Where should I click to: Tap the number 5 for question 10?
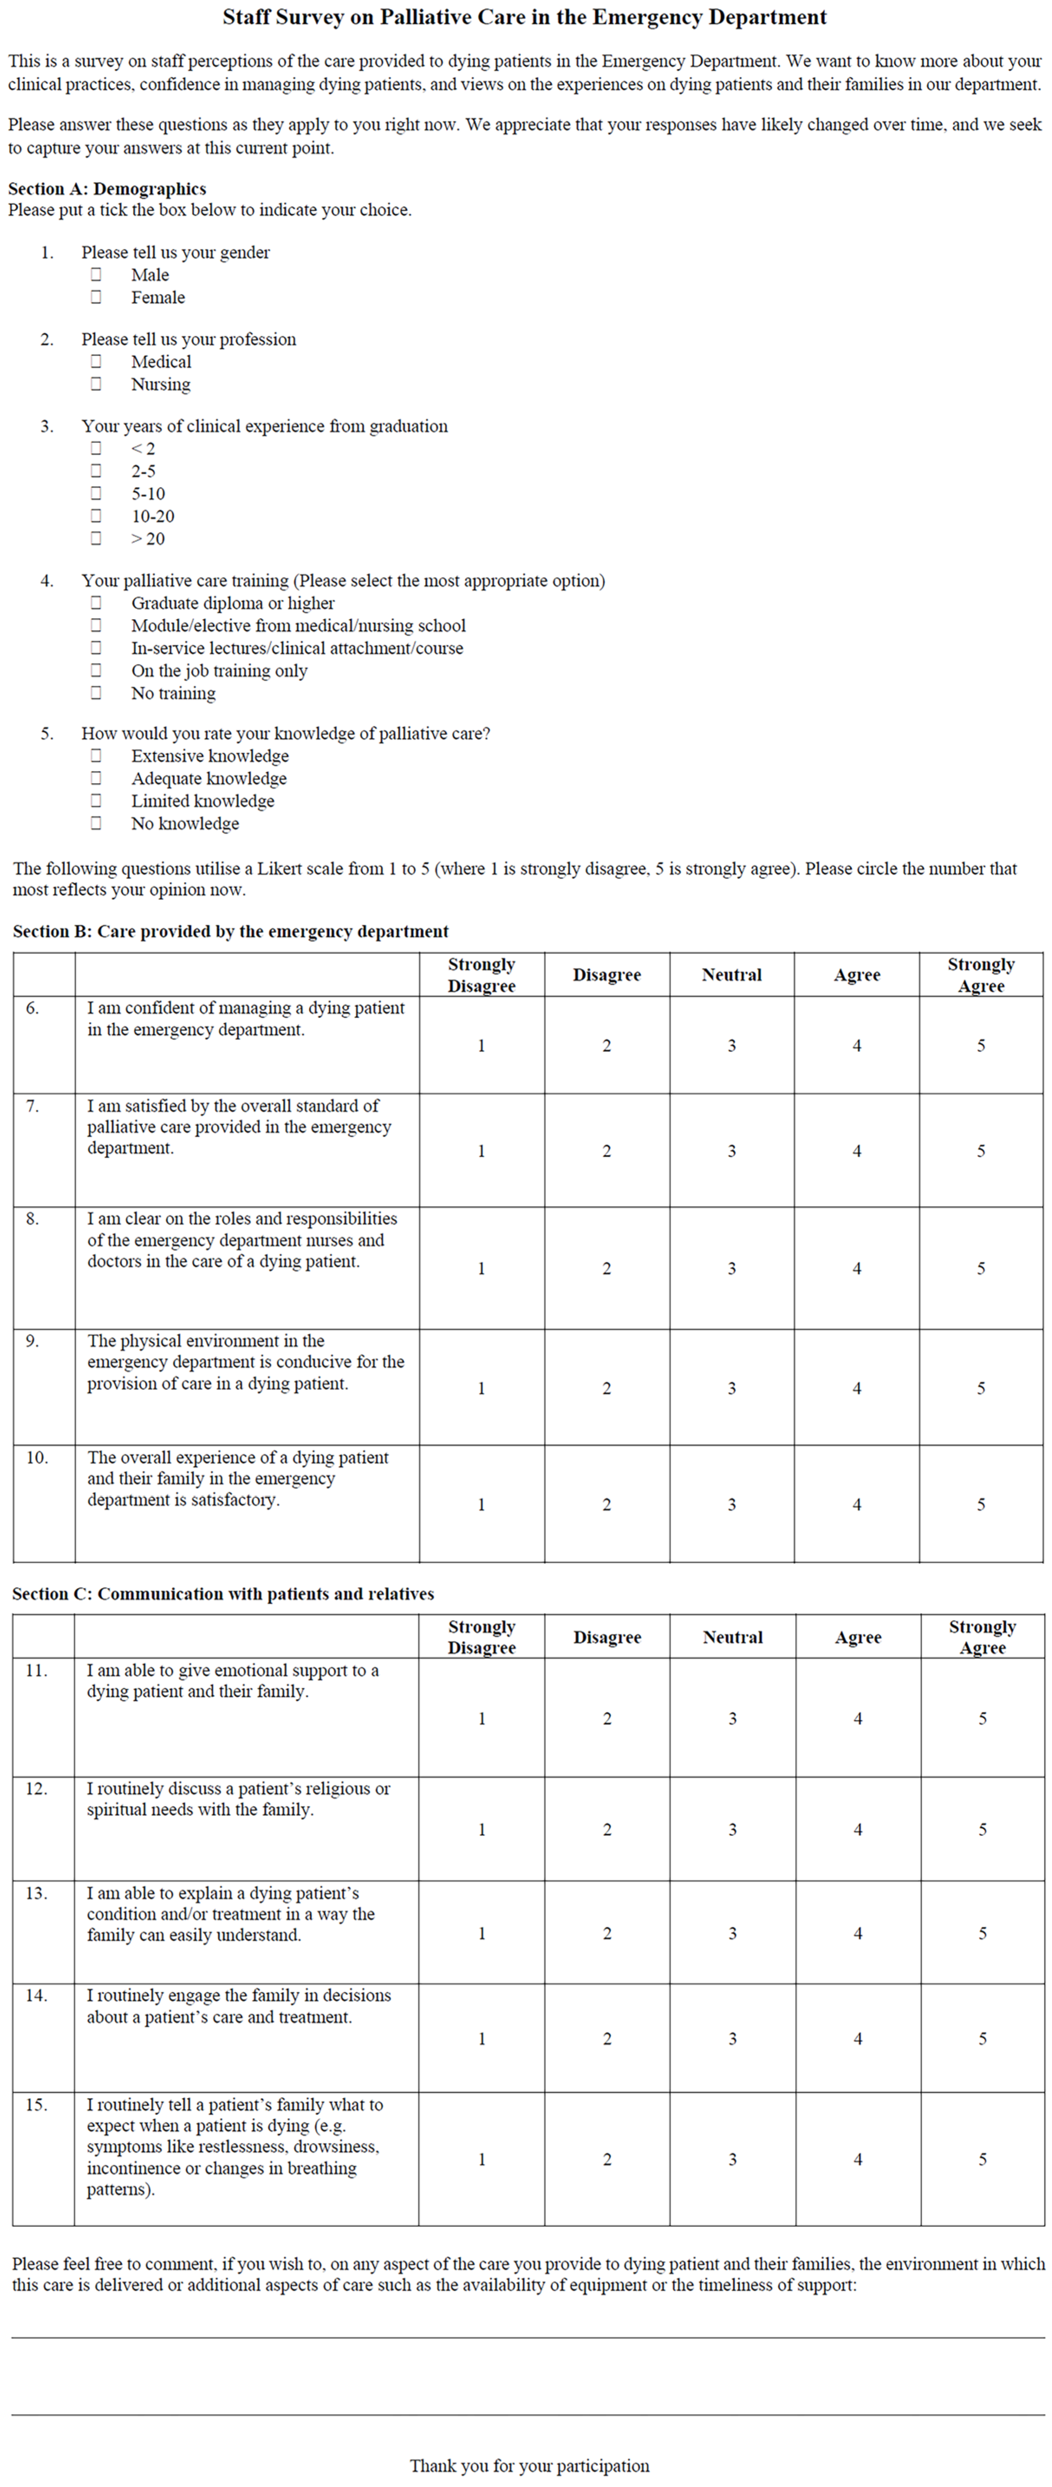(981, 1504)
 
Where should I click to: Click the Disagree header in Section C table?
(607, 1638)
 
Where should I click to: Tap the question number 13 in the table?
(36, 1893)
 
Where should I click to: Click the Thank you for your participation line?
(529, 2465)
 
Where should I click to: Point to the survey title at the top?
(525, 17)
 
